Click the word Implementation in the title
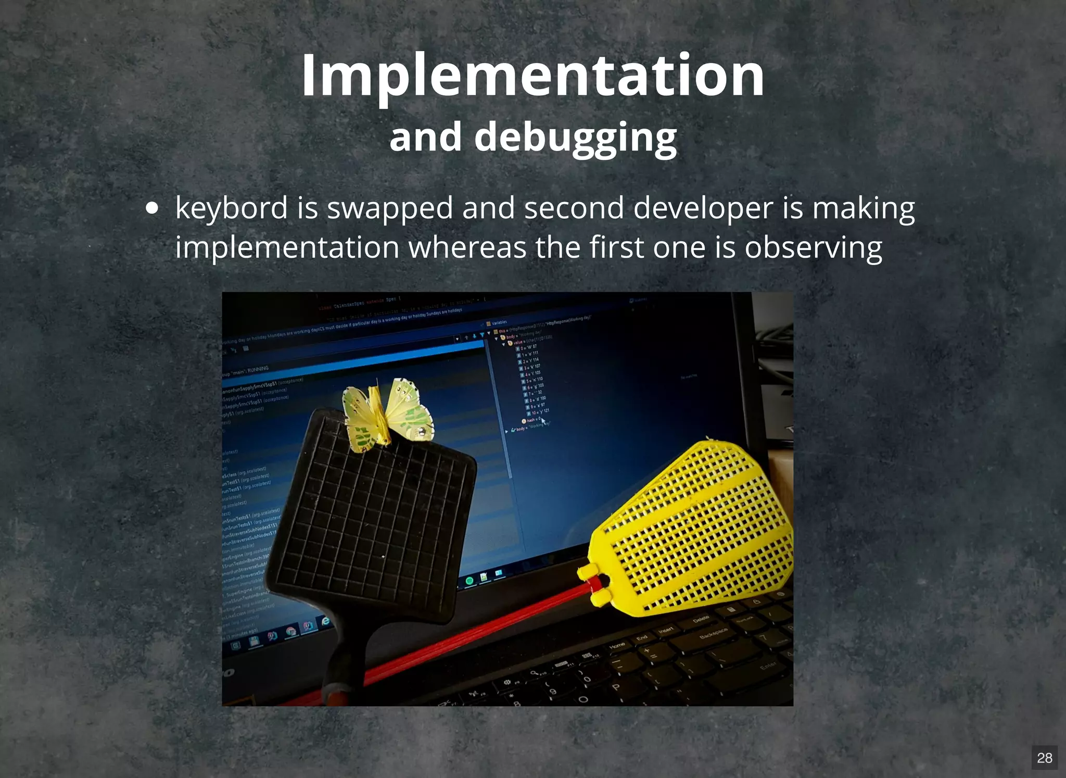tap(532, 76)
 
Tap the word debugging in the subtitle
tap(575, 136)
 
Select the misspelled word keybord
tap(232, 208)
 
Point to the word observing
tap(813, 247)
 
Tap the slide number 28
tap(1044, 758)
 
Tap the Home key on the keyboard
tap(617, 646)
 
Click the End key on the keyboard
tap(642, 637)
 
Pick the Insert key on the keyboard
tap(666, 630)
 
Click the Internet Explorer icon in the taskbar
tap(326, 621)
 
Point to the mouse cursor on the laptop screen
tap(543, 421)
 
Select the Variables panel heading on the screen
tap(499, 323)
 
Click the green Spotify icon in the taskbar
tap(469, 581)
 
